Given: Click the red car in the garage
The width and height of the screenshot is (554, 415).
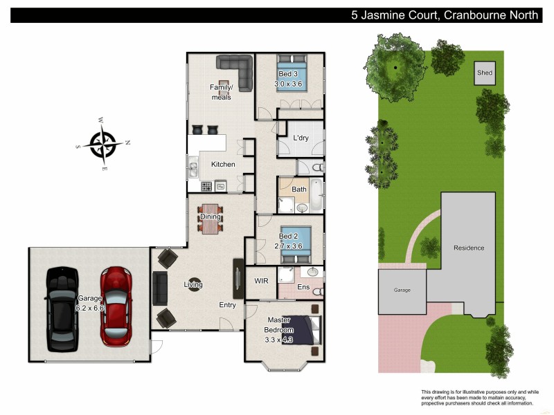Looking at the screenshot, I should point(115,306).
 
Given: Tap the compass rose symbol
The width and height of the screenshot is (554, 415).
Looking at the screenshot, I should point(104,144).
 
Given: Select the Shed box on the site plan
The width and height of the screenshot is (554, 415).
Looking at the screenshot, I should point(485,72).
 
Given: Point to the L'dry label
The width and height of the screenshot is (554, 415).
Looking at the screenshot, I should point(301,138).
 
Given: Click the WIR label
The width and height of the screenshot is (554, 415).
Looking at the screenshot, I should point(261,282).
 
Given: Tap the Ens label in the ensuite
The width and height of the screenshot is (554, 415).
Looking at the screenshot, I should point(303,287).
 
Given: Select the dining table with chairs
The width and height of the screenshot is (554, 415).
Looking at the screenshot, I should point(211,216).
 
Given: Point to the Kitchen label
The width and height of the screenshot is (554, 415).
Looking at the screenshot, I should point(223,165).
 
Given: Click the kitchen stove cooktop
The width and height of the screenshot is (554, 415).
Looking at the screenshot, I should point(206,186).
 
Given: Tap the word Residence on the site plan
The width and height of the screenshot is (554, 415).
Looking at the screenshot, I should point(469,248).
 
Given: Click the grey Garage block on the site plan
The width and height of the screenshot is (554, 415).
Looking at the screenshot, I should point(402,290).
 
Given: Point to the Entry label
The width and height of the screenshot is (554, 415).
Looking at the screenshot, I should point(227,305).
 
